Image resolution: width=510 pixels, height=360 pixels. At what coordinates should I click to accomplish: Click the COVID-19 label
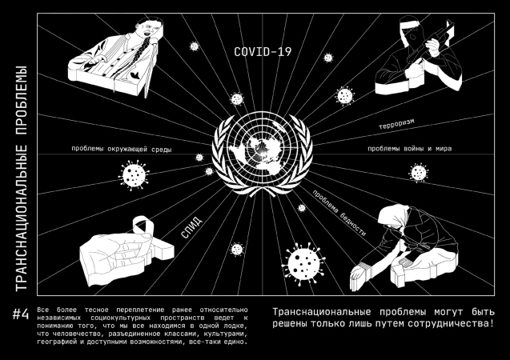point(263,52)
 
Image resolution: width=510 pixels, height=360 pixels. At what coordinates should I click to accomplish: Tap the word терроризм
point(396,124)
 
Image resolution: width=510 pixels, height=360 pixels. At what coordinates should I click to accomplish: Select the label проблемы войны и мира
point(409,149)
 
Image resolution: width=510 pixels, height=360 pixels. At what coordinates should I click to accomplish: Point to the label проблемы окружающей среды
point(122,149)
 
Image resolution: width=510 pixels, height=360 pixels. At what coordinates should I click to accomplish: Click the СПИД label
point(191,227)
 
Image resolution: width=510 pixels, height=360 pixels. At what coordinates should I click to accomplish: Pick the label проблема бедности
point(339,213)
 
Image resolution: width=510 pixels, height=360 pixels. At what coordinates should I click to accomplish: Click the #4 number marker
point(21,314)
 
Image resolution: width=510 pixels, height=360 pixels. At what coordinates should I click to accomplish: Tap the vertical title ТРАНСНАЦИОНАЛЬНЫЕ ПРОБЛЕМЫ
point(21,178)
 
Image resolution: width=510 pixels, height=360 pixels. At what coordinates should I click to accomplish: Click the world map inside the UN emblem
point(262,153)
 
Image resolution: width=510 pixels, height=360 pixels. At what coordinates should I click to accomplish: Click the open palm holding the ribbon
point(115,254)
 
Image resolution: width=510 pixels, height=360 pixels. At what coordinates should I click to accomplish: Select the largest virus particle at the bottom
point(303,264)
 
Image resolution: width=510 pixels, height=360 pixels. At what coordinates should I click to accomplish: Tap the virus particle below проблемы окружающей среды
point(134,175)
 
